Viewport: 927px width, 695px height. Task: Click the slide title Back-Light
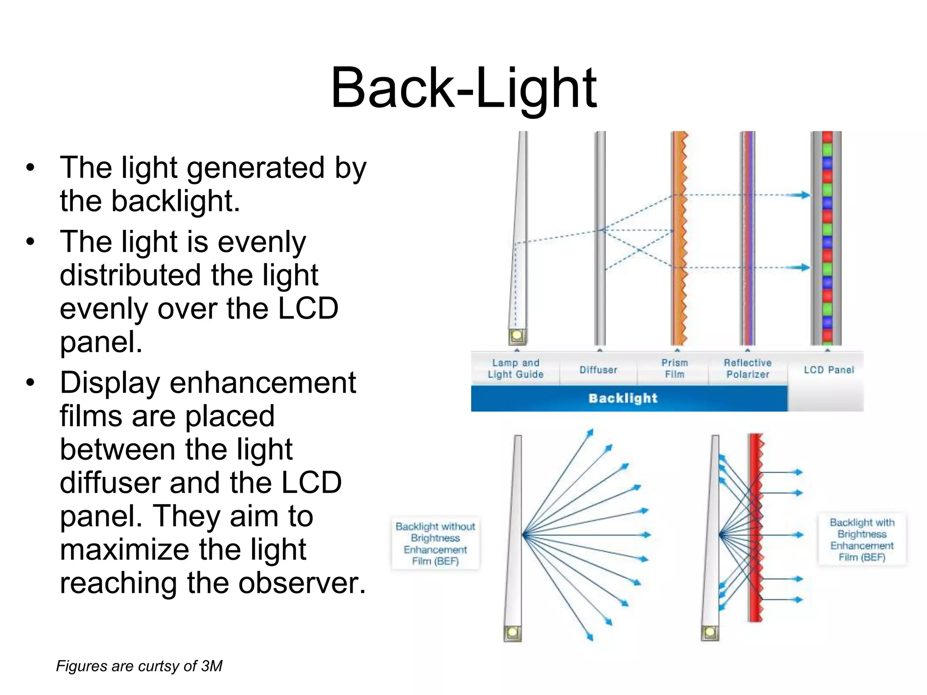[x=463, y=88]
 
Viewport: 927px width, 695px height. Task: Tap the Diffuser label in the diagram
[x=598, y=370]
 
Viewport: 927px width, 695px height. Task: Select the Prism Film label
[x=674, y=368]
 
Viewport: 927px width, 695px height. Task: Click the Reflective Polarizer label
[x=748, y=368]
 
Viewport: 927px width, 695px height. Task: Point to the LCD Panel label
[x=829, y=370]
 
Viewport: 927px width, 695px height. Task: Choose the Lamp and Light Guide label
[x=516, y=368]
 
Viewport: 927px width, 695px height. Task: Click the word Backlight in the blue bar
[x=623, y=398]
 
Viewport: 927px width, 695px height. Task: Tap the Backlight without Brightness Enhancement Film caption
[x=435, y=543]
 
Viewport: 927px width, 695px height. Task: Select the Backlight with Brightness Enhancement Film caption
[x=862, y=539]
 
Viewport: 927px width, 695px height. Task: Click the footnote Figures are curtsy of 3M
[x=139, y=666]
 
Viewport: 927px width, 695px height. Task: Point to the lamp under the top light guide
[x=517, y=336]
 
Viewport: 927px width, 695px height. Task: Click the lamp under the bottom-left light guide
[x=512, y=633]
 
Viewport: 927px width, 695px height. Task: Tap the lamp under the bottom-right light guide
[x=710, y=633]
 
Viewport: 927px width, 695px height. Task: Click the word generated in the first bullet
[x=256, y=167]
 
